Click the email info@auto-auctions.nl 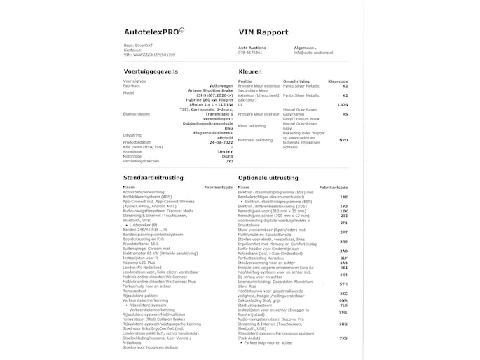[313, 53]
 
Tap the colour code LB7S [343, 104]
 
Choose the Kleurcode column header [337, 81]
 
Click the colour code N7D [343, 140]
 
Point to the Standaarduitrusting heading [153, 178]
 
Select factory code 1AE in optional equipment [343, 198]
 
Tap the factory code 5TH [343, 284]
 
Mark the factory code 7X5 [343, 338]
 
